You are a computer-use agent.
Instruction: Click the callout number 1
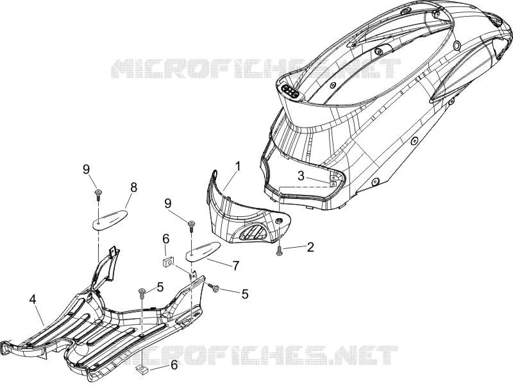click(237, 166)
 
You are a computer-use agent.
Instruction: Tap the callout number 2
click(310, 247)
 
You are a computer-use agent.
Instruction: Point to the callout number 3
click(301, 176)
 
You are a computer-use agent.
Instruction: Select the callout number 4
click(32, 300)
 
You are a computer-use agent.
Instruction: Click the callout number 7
click(235, 265)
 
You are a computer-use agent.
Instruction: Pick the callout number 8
click(133, 187)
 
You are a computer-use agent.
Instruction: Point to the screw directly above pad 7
click(191, 227)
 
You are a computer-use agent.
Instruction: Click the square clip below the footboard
click(142, 370)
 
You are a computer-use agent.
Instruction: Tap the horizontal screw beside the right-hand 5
click(214, 288)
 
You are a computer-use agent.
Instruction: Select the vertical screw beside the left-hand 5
click(142, 293)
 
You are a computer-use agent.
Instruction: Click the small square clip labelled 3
click(333, 184)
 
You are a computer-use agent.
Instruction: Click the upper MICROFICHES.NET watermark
click(256, 69)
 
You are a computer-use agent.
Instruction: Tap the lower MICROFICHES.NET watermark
click(255, 355)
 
